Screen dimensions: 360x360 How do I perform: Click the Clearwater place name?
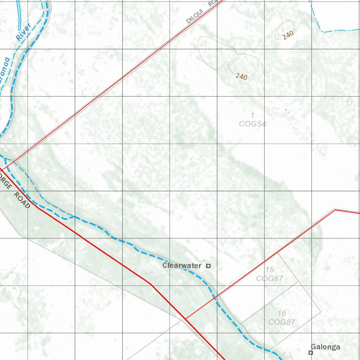(182, 266)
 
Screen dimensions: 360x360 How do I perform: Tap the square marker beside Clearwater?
(208, 266)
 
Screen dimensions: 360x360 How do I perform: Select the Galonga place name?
(326, 347)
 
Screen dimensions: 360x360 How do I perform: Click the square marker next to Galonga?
(311, 352)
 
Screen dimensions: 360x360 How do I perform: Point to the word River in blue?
(24, 32)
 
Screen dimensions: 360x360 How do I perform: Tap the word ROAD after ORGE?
(22, 200)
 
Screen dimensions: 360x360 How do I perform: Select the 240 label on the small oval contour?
(288, 35)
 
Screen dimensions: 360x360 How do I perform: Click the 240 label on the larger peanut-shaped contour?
(242, 76)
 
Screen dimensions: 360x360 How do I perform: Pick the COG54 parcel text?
(252, 124)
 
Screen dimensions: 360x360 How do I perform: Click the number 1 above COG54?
(252, 115)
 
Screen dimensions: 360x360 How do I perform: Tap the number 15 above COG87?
(270, 270)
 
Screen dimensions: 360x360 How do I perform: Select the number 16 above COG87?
(282, 313)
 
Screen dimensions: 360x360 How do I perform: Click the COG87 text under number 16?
(282, 322)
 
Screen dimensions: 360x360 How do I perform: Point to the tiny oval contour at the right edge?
(349, 101)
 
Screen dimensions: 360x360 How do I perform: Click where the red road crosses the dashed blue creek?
(215, 298)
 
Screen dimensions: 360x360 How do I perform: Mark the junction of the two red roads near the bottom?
(185, 319)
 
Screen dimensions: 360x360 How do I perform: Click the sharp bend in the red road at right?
(335, 210)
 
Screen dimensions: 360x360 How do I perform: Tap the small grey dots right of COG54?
(287, 111)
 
